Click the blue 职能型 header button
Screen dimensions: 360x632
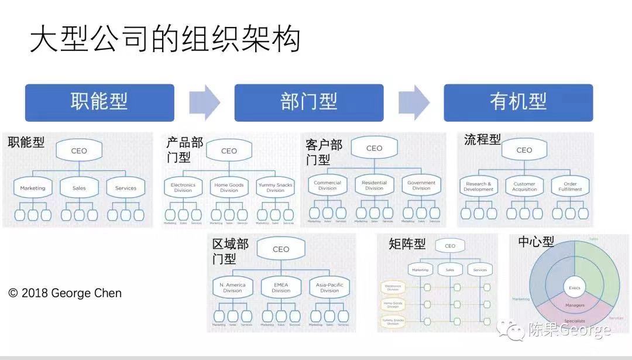click(x=99, y=102)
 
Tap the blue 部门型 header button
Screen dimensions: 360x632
click(x=309, y=102)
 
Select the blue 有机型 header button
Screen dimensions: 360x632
click(x=518, y=102)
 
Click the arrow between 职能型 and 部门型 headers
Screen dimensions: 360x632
click(x=204, y=102)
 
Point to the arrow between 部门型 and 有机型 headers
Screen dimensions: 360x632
click(x=414, y=102)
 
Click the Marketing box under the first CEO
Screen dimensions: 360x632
click(x=33, y=188)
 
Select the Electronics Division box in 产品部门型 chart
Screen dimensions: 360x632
click(x=183, y=187)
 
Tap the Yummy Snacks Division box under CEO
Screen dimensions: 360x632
click(x=275, y=187)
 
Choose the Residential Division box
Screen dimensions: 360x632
click(x=374, y=185)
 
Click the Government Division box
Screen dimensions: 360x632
click(x=421, y=185)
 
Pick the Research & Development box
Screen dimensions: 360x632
click(x=479, y=186)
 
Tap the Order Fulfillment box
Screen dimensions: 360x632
click(x=570, y=186)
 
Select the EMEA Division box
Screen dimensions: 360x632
click(x=281, y=287)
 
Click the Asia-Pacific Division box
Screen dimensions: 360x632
click(x=329, y=287)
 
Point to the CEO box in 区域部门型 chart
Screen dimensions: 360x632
click(x=281, y=249)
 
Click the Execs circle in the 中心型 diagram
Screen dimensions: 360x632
click(x=574, y=288)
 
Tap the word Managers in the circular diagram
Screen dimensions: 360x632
click(x=575, y=306)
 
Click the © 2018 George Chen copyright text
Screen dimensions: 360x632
click(x=65, y=293)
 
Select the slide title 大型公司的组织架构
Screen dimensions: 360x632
click(x=165, y=40)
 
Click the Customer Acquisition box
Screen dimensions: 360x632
click(x=524, y=186)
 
